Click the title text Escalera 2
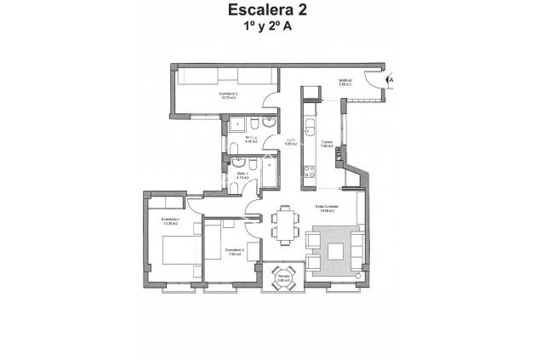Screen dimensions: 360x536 267,10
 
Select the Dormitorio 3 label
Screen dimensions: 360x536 230,95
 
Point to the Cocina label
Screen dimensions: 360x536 327,146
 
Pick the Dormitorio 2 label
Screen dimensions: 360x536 235,251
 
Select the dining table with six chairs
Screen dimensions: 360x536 283,226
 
